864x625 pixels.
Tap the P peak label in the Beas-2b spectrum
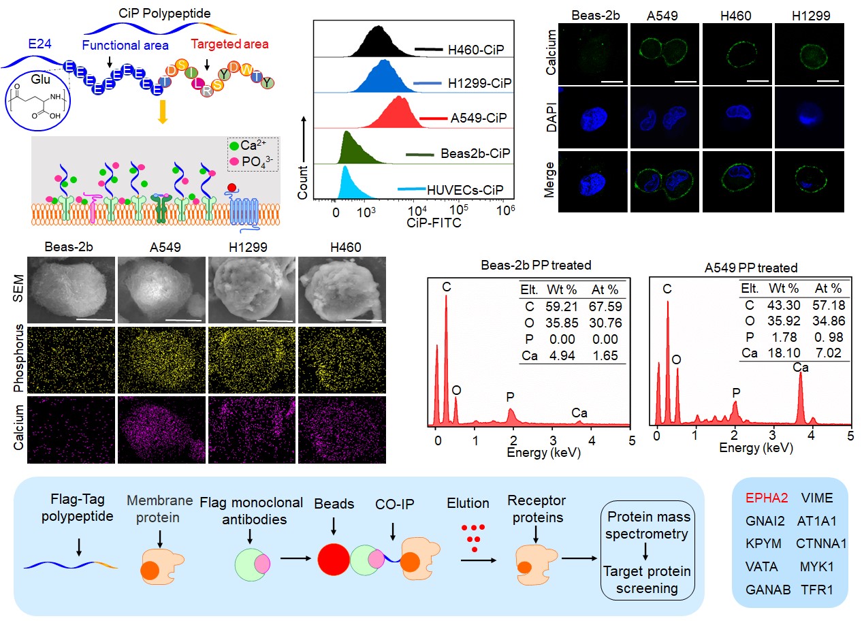[511, 396]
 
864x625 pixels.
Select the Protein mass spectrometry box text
[648, 526]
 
